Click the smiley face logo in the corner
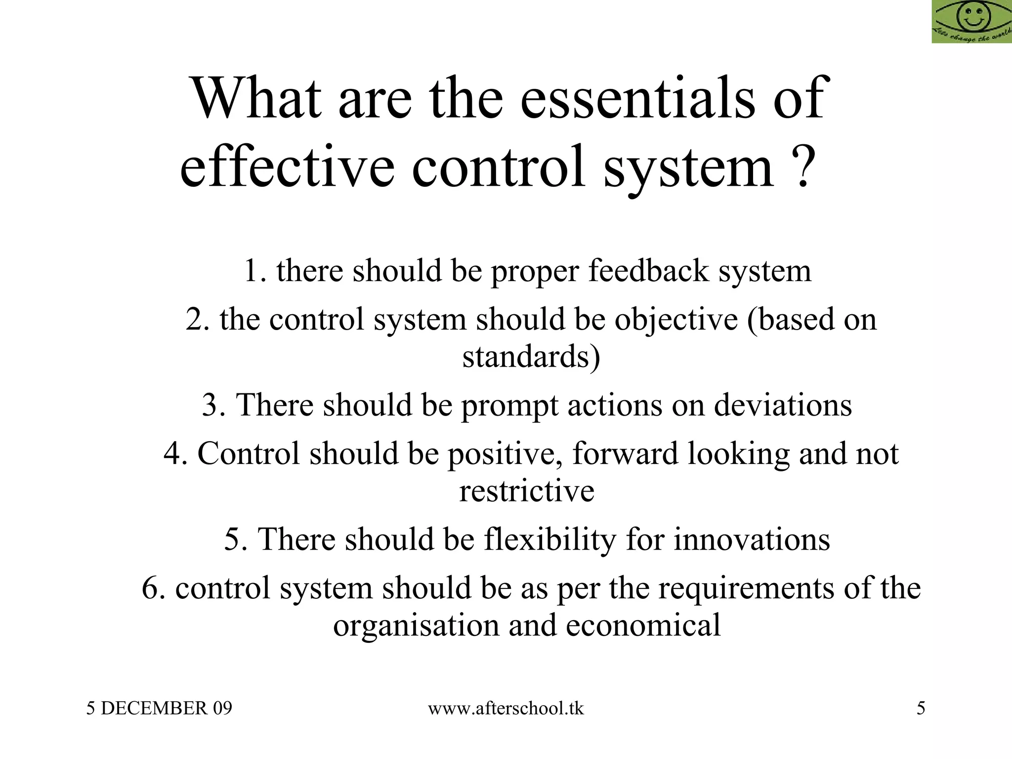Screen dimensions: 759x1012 [971, 21]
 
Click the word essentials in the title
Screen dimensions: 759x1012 [637, 98]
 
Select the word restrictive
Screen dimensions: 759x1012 [527, 491]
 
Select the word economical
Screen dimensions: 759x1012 [643, 625]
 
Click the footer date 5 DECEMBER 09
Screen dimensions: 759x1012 [159, 709]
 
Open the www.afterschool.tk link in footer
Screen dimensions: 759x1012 [506, 709]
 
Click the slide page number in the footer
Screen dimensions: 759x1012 [921, 709]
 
